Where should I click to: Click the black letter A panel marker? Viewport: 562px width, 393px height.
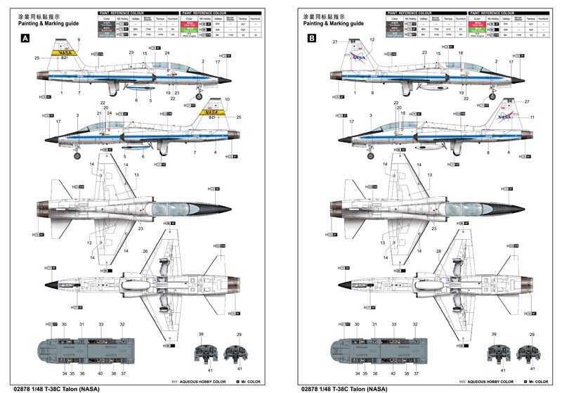click(x=26, y=39)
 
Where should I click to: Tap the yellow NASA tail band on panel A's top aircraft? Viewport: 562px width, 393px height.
click(x=65, y=52)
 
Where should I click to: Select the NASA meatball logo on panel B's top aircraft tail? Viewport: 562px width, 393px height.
click(x=359, y=56)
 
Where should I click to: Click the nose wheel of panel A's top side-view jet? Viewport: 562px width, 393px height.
click(x=200, y=96)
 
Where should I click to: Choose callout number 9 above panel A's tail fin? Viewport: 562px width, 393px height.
click(x=79, y=39)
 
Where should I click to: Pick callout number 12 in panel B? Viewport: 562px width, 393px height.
click(x=372, y=40)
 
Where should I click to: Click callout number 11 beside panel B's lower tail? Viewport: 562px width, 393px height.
click(x=532, y=117)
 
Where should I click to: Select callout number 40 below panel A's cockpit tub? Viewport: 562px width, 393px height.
click(x=100, y=373)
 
